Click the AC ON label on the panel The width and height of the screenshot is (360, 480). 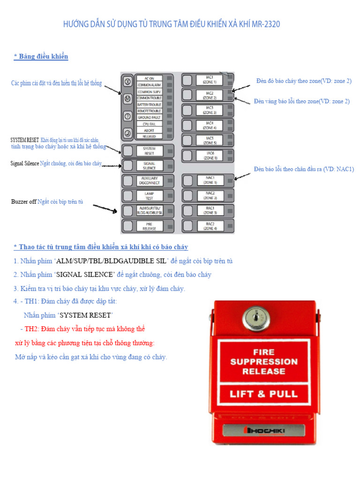pyautogui.click(x=149, y=78)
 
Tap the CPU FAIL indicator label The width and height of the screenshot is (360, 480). pyautogui.click(x=149, y=124)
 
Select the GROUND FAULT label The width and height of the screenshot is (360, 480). pyautogui.click(x=149, y=117)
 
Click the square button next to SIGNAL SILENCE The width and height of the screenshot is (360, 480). pyautogui.click(x=127, y=165)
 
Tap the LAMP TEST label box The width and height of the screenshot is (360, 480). pyautogui.click(x=149, y=195)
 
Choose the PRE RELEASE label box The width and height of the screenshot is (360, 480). pyautogui.click(x=149, y=226)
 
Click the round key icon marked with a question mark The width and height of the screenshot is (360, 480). pyautogui.click(x=127, y=116)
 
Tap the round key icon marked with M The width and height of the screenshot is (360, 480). pyautogui.click(x=127, y=99)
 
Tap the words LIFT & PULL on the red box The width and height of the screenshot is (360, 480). pyautogui.click(x=263, y=394)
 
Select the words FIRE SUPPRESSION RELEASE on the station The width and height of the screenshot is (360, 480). pyautogui.click(x=263, y=361)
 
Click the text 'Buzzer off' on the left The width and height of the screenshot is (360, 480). pyautogui.click(x=23, y=202)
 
